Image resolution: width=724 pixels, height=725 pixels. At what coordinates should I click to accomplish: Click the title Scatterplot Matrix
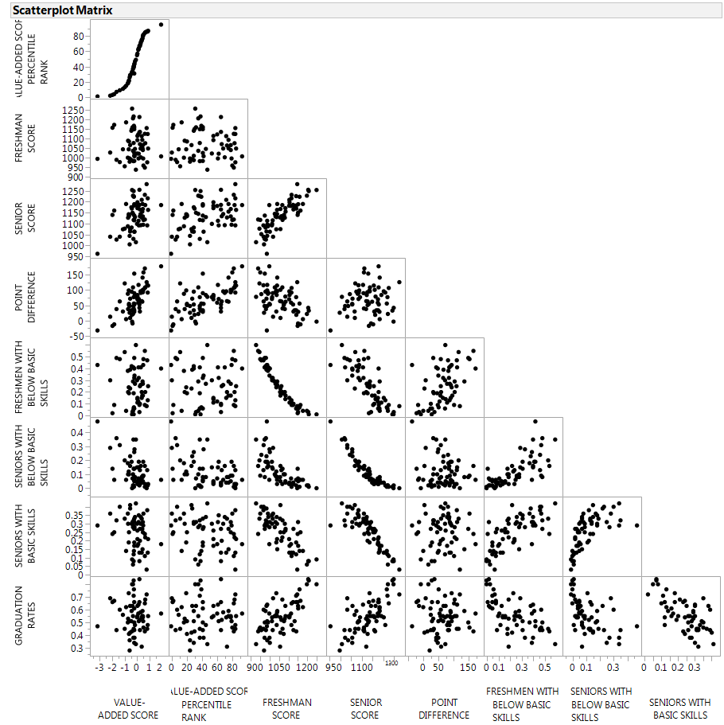[61, 10]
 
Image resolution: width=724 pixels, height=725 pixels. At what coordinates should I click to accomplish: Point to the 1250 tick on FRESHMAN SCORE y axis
[72, 110]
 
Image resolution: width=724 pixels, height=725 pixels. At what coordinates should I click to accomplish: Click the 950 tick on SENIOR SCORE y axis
[76, 256]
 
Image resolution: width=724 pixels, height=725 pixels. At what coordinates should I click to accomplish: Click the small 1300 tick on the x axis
[391, 662]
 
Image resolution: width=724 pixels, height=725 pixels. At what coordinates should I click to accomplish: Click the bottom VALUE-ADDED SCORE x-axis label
[128, 708]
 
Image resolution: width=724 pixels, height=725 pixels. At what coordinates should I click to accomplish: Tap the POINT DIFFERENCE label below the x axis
[444, 708]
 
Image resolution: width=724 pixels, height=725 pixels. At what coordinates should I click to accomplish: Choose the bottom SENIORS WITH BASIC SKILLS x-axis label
[679, 708]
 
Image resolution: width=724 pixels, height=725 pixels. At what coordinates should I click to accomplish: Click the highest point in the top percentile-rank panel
[161, 24]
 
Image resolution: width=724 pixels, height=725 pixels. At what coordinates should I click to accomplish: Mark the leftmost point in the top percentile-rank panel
[98, 96]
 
